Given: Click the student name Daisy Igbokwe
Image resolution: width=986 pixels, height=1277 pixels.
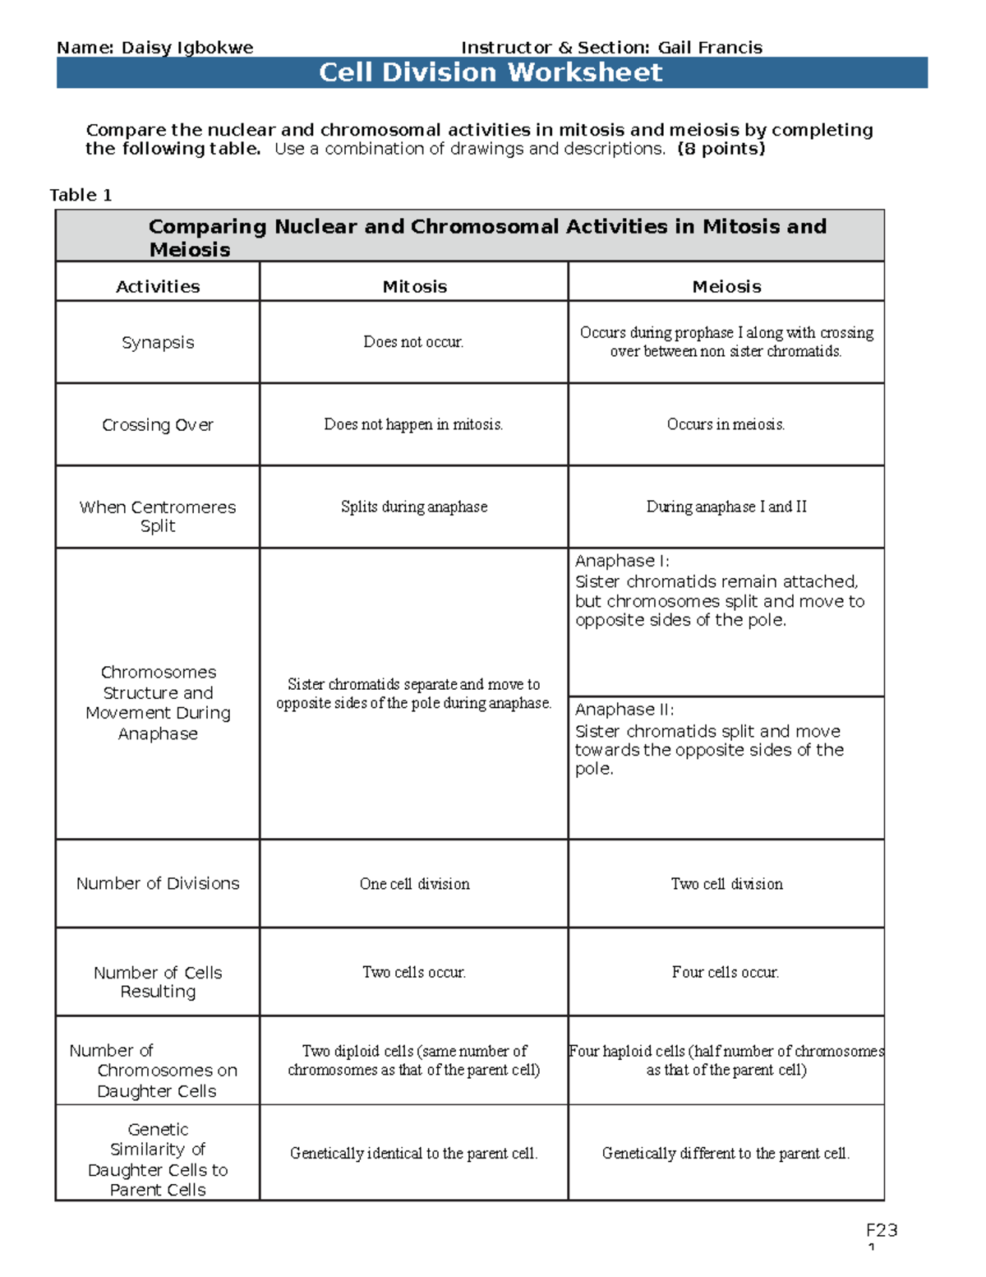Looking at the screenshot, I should [187, 48].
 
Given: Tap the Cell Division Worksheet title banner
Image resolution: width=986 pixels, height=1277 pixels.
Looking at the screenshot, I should [491, 72].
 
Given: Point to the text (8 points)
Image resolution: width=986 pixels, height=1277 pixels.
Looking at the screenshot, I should [721, 149].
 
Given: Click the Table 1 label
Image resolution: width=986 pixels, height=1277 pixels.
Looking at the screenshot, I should [81, 195].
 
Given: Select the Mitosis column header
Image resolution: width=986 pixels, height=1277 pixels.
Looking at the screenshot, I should [414, 286].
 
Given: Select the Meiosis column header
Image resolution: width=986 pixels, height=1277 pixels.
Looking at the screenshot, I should [726, 286].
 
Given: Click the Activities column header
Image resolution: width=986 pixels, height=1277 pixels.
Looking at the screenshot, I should [158, 286].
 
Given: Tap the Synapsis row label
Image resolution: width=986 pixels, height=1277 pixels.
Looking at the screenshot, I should [158, 342].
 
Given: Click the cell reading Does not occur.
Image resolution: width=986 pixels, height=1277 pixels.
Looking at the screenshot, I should [413, 342].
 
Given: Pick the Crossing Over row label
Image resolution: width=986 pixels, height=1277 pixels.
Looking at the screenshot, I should [158, 424].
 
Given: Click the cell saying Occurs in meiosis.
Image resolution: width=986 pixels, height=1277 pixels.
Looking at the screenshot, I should [726, 424].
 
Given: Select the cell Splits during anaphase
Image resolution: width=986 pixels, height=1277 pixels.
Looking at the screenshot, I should [414, 507].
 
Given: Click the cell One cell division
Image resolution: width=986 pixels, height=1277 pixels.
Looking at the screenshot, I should [414, 884].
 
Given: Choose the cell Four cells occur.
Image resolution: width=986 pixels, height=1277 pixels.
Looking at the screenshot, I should [726, 972].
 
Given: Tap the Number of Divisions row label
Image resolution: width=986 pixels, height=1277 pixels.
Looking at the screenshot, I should [158, 883].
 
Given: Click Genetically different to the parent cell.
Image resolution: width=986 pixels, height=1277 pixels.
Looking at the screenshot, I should [726, 1153].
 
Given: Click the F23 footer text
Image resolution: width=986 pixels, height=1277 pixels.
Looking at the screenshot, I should [882, 1230].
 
